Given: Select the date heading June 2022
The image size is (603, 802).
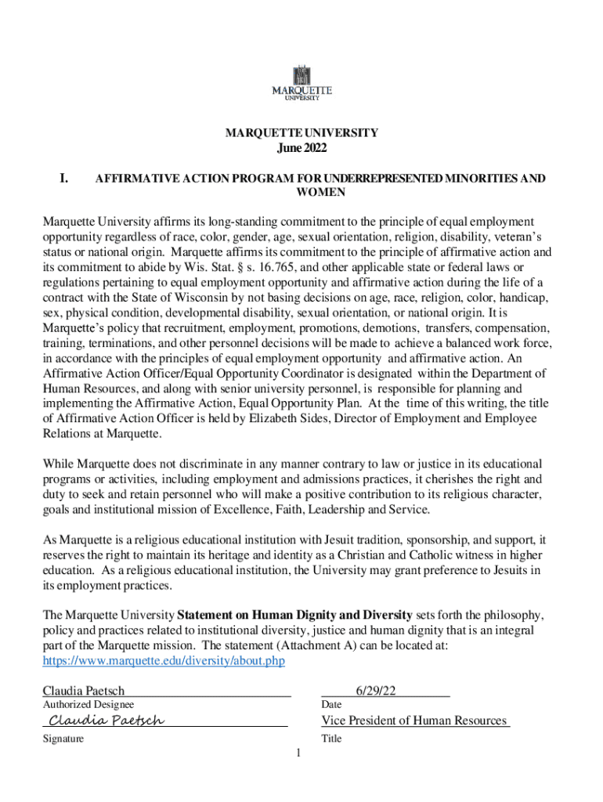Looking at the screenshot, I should [301, 148].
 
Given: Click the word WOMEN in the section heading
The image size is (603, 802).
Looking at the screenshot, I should [320, 192].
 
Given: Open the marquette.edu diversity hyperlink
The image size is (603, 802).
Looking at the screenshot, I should [163, 660].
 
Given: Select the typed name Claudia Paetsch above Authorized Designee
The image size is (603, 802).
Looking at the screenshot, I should [83, 691].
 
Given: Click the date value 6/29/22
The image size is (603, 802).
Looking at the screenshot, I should [376, 691].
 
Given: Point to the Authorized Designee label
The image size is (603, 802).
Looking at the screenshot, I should [88, 706].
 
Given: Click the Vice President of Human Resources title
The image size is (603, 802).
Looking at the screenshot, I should [414, 720].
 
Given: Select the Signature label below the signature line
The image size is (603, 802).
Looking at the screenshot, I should [63, 739].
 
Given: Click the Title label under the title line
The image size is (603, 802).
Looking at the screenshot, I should [331, 739].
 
